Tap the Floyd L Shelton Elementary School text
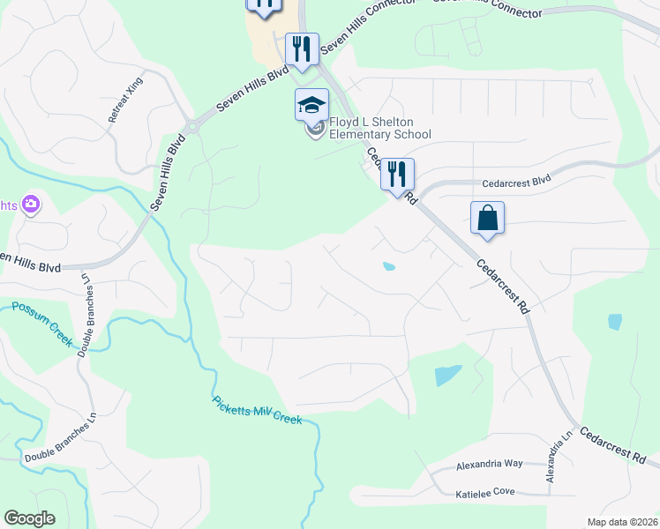(379, 128)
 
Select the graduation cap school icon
(311, 105)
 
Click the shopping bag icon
(487, 218)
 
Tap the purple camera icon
(32, 205)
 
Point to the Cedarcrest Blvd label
(516, 184)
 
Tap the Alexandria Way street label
(490, 464)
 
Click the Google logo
(29, 518)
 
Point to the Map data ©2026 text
(622, 522)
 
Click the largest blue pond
(448, 376)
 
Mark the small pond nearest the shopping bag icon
(388, 266)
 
